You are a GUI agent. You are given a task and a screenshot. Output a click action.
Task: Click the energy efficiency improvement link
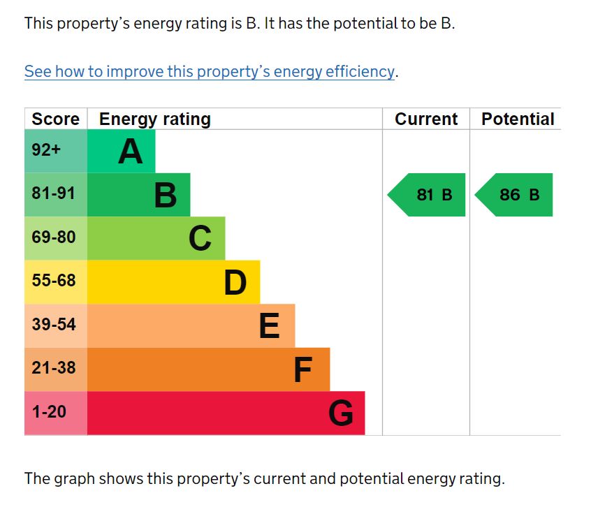coord(210,72)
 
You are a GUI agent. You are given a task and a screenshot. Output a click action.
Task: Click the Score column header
coord(56,119)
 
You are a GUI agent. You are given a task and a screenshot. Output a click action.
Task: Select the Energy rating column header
coord(154,119)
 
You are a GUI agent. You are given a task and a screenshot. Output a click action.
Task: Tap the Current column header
coord(426,119)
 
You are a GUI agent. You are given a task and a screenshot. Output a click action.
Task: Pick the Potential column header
coord(518,119)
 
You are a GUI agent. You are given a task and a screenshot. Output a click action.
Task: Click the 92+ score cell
coord(47,150)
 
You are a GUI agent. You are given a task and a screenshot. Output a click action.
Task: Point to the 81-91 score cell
coord(54,194)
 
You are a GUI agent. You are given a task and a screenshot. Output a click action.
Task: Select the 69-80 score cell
coord(54,237)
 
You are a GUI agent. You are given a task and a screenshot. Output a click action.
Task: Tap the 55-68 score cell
coord(54,281)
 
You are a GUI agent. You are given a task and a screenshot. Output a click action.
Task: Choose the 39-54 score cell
coord(54,325)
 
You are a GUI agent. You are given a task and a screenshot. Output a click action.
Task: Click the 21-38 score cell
coord(54,369)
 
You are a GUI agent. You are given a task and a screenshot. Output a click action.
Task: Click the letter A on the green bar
coord(130,152)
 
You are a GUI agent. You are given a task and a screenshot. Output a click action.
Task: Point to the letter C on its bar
coord(200,239)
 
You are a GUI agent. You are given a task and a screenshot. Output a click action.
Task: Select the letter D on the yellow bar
coord(235,283)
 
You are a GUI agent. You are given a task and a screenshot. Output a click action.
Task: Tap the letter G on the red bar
coord(341,413)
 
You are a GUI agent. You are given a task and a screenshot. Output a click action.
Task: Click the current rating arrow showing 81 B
coord(428,195)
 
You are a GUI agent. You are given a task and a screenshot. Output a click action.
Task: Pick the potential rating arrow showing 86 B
coord(515,195)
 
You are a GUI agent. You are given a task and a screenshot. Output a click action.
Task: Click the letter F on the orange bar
coord(302,370)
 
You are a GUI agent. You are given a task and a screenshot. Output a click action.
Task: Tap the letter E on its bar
coord(269,326)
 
